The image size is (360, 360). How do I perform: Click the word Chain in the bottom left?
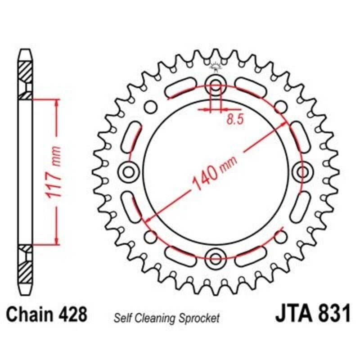[x=32, y=314]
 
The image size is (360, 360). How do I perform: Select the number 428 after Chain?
[x=72, y=314]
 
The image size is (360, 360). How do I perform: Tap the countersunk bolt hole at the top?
[x=216, y=84]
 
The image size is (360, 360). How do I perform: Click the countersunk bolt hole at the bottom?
[x=216, y=258]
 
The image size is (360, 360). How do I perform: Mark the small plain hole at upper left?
[x=151, y=107]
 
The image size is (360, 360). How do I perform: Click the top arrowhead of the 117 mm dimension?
[x=57, y=103]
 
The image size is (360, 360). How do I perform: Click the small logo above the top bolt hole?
[x=216, y=67]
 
